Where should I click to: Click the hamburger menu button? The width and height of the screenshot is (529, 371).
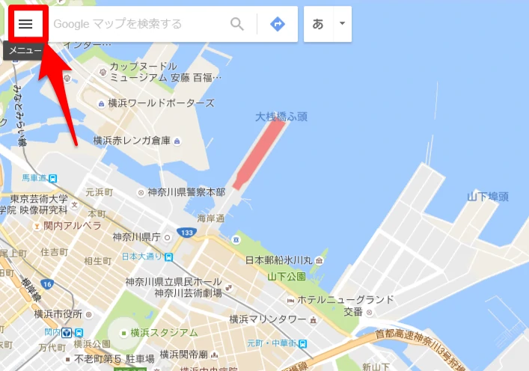26,24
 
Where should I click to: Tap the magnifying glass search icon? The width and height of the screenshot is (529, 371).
237,24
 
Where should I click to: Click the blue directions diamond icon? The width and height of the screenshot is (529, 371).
278,24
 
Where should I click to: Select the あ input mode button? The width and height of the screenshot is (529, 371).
318,24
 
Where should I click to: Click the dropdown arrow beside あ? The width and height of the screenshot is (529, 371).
341,23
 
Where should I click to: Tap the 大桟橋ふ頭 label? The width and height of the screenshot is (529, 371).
281,117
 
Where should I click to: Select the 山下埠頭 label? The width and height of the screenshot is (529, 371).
488,197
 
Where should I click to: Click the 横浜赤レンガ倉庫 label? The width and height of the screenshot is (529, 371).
132,140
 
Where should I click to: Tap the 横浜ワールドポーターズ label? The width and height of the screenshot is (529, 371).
161,102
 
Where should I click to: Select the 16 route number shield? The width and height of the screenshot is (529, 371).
47,284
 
